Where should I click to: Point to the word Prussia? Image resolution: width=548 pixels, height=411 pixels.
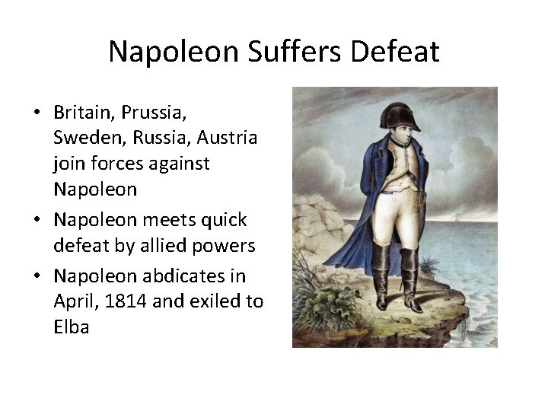coord(155,112)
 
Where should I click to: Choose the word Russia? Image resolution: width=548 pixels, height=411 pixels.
coord(161,139)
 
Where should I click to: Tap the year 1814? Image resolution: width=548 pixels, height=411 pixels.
coord(122,301)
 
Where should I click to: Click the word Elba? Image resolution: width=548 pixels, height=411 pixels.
coord(72,327)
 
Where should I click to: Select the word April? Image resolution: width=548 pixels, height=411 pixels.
coord(75,301)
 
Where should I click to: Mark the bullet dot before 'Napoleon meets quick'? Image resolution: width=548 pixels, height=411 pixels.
coord(37,221)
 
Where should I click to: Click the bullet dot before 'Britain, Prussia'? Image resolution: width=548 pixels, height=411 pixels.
coord(37,113)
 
